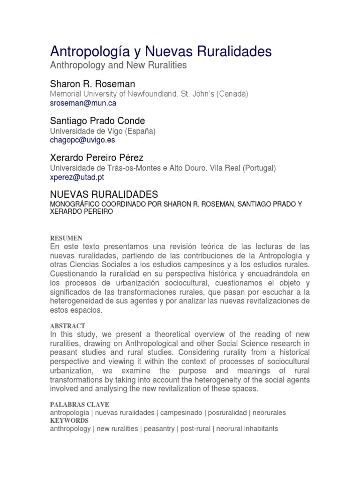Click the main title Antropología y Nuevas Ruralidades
click(160, 51)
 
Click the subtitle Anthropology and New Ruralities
click(118, 66)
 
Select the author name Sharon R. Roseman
click(92, 84)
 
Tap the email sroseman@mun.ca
click(83, 103)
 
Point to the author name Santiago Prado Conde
click(97, 121)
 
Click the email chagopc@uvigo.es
click(82, 140)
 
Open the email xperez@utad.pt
click(77, 177)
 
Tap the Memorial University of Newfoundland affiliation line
click(149, 94)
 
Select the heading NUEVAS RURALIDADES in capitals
click(104, 194)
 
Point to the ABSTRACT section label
click(67, 325)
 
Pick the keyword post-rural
click(194, 428)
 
